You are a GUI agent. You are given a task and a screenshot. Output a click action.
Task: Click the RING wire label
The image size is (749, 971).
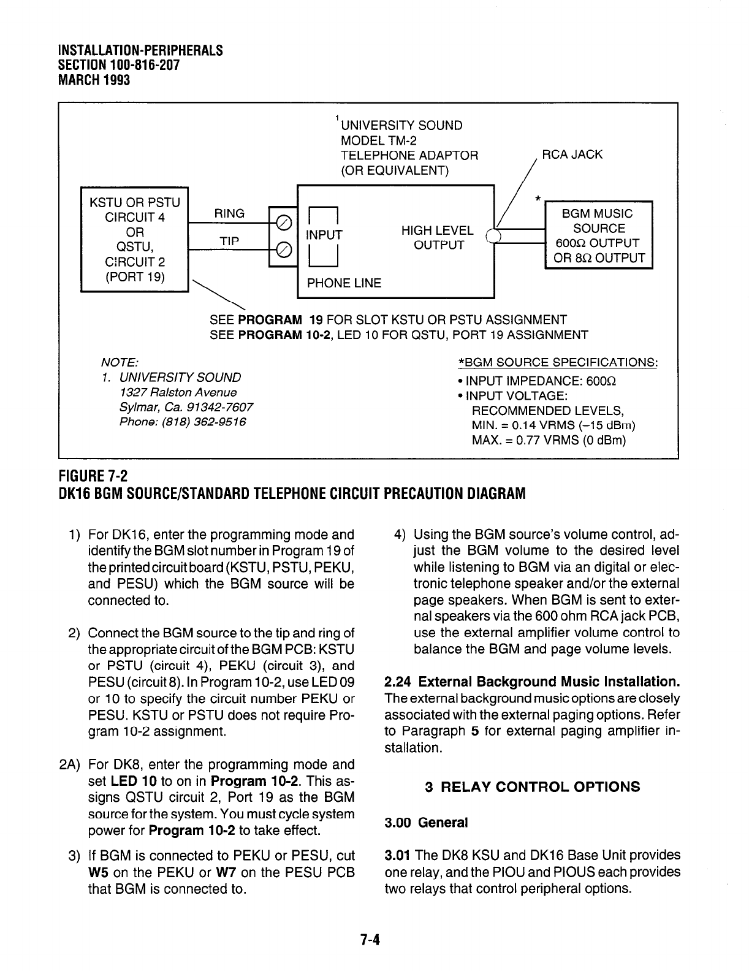click(x=229, y=213)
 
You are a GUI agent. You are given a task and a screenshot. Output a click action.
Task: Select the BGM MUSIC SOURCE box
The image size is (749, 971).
click(x=598, y=235)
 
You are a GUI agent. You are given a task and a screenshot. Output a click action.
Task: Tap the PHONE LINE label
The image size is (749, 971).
click(x=344, y=283)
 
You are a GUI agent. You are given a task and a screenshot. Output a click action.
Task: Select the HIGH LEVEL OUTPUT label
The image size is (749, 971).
click(x=438, y=238)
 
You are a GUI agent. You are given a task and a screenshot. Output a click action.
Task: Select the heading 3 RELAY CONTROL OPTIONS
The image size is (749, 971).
click(x=532, y=787)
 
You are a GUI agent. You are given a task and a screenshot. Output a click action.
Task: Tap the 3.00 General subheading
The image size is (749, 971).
click(x=426, y=823)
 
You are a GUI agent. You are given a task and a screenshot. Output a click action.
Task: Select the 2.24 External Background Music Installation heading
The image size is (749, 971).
click(x=532, y=682)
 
